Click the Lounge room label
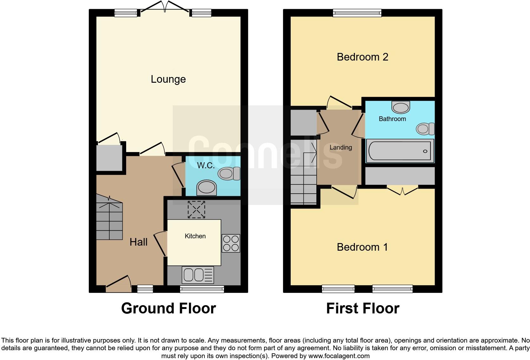click(168, 79)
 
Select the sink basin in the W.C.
click(206, 187)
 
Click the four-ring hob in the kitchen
click(231, 243)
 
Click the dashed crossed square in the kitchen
click(197, 209)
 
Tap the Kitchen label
click(195, 236)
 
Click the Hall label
click(139, 242)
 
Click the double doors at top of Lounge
click(165, 7)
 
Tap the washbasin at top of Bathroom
click(401, 107)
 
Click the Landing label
click(341, 147)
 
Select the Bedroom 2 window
click(357, 13)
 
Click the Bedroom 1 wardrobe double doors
click(402, 191)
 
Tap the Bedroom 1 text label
click(362, 247)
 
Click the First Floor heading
click(363, 308)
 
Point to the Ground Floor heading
click(168, 308)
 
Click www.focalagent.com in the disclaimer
click(339, 356)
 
